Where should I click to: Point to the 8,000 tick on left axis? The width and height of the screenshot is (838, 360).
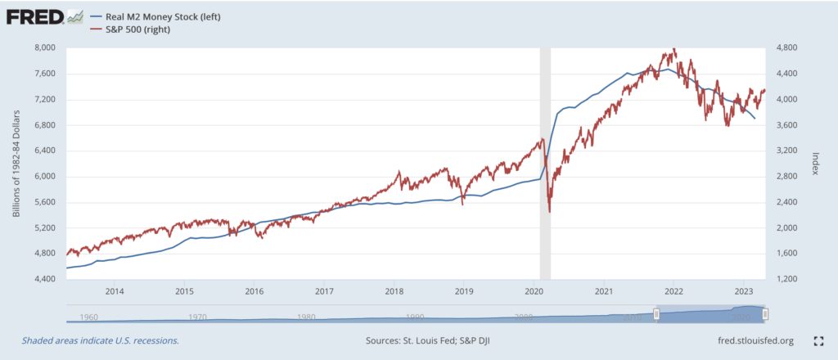tap(43, 47)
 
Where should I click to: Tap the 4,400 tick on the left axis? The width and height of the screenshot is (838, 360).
tap(43, 279)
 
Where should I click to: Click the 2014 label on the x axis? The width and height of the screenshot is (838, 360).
tap(114, 291)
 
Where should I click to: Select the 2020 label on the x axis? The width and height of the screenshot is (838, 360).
tap(534, 291)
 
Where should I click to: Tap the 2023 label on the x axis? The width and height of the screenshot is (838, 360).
tap(744, 291)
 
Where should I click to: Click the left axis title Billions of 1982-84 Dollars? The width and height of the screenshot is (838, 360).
tap(16, 164)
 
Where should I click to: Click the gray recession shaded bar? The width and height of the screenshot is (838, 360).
tap(545, 164)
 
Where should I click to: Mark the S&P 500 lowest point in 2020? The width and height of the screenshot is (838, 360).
tap(549, 212)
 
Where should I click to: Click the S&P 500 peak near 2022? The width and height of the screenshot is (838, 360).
tap(674, 49)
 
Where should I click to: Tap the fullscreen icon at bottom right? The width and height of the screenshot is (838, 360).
tap(817, 340)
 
